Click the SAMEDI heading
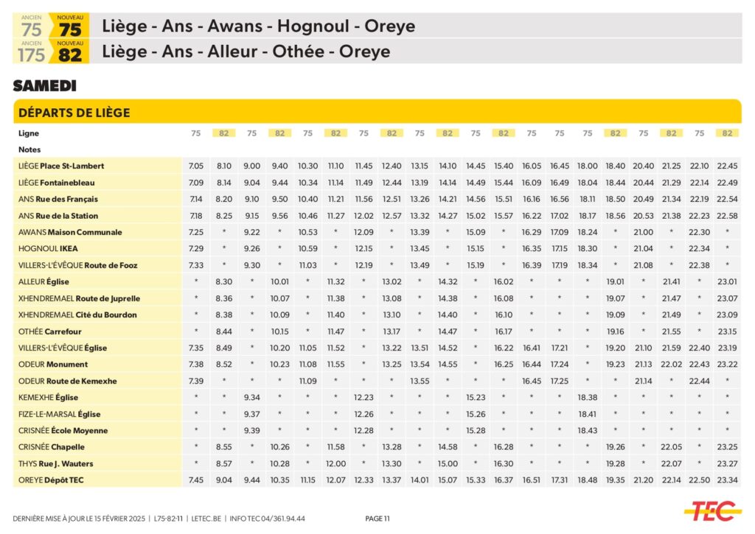[x=44, y=86]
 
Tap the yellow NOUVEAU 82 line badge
[x=70, y=52]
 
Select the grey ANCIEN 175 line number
[x=32, y=55]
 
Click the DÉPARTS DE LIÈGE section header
[x=74, y=113]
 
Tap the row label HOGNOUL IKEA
[x=48, y=249]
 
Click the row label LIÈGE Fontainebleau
[x=57, y=183]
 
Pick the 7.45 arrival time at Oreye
[x=196, y=480]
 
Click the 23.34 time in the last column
[x=728, y=480]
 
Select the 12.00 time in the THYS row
[x=335, y=464]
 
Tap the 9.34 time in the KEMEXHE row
[x=252, y=398]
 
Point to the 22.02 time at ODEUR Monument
[x=671, y=365]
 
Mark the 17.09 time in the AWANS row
[x=560, y=233]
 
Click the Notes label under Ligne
[x=29, y=150]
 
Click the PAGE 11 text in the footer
[x=377, y=519]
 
